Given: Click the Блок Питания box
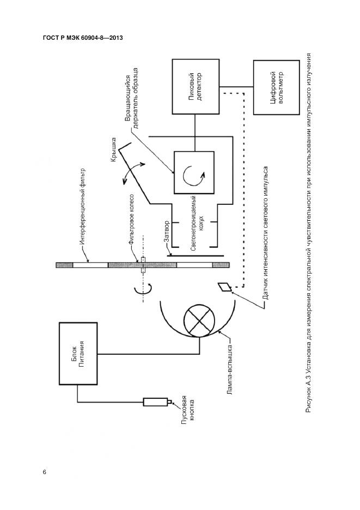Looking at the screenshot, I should click(80, 354).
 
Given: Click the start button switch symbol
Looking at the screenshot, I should click(156, 402).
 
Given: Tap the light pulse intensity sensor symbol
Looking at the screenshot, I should click(224, 287).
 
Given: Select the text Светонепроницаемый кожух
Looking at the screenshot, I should click(197, 233).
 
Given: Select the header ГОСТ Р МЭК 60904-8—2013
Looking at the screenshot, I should click(82, 38).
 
